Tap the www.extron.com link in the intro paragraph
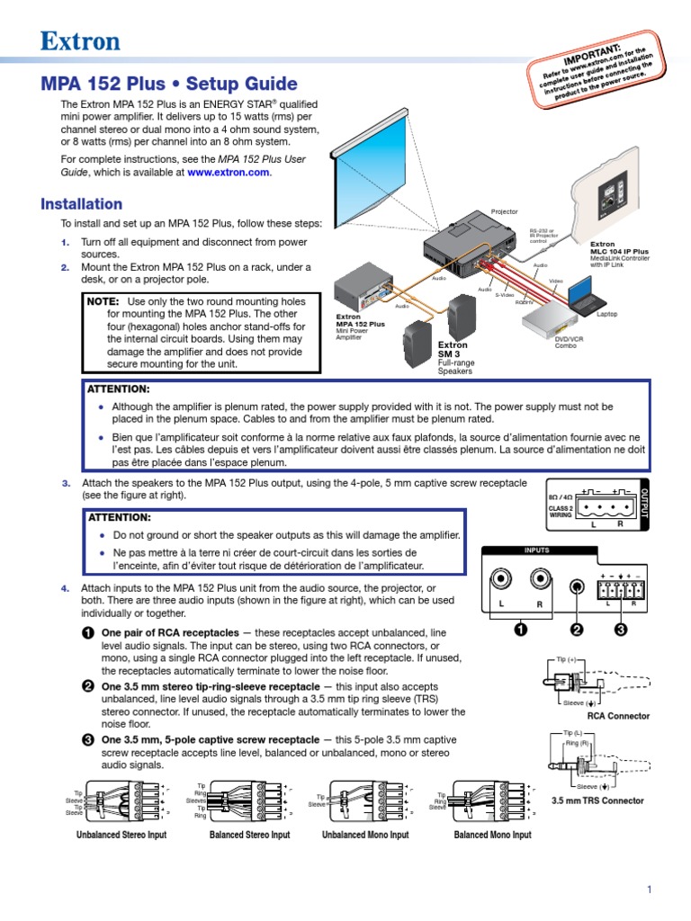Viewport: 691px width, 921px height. (228, 173)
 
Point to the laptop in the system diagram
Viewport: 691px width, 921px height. (584, 295)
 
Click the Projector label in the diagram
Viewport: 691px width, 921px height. (504, 212)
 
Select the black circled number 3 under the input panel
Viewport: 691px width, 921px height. (621, 630)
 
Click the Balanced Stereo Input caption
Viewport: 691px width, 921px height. (249, 836)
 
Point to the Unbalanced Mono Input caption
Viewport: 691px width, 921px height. (365, 836)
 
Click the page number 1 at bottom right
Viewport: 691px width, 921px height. (648, 890)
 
